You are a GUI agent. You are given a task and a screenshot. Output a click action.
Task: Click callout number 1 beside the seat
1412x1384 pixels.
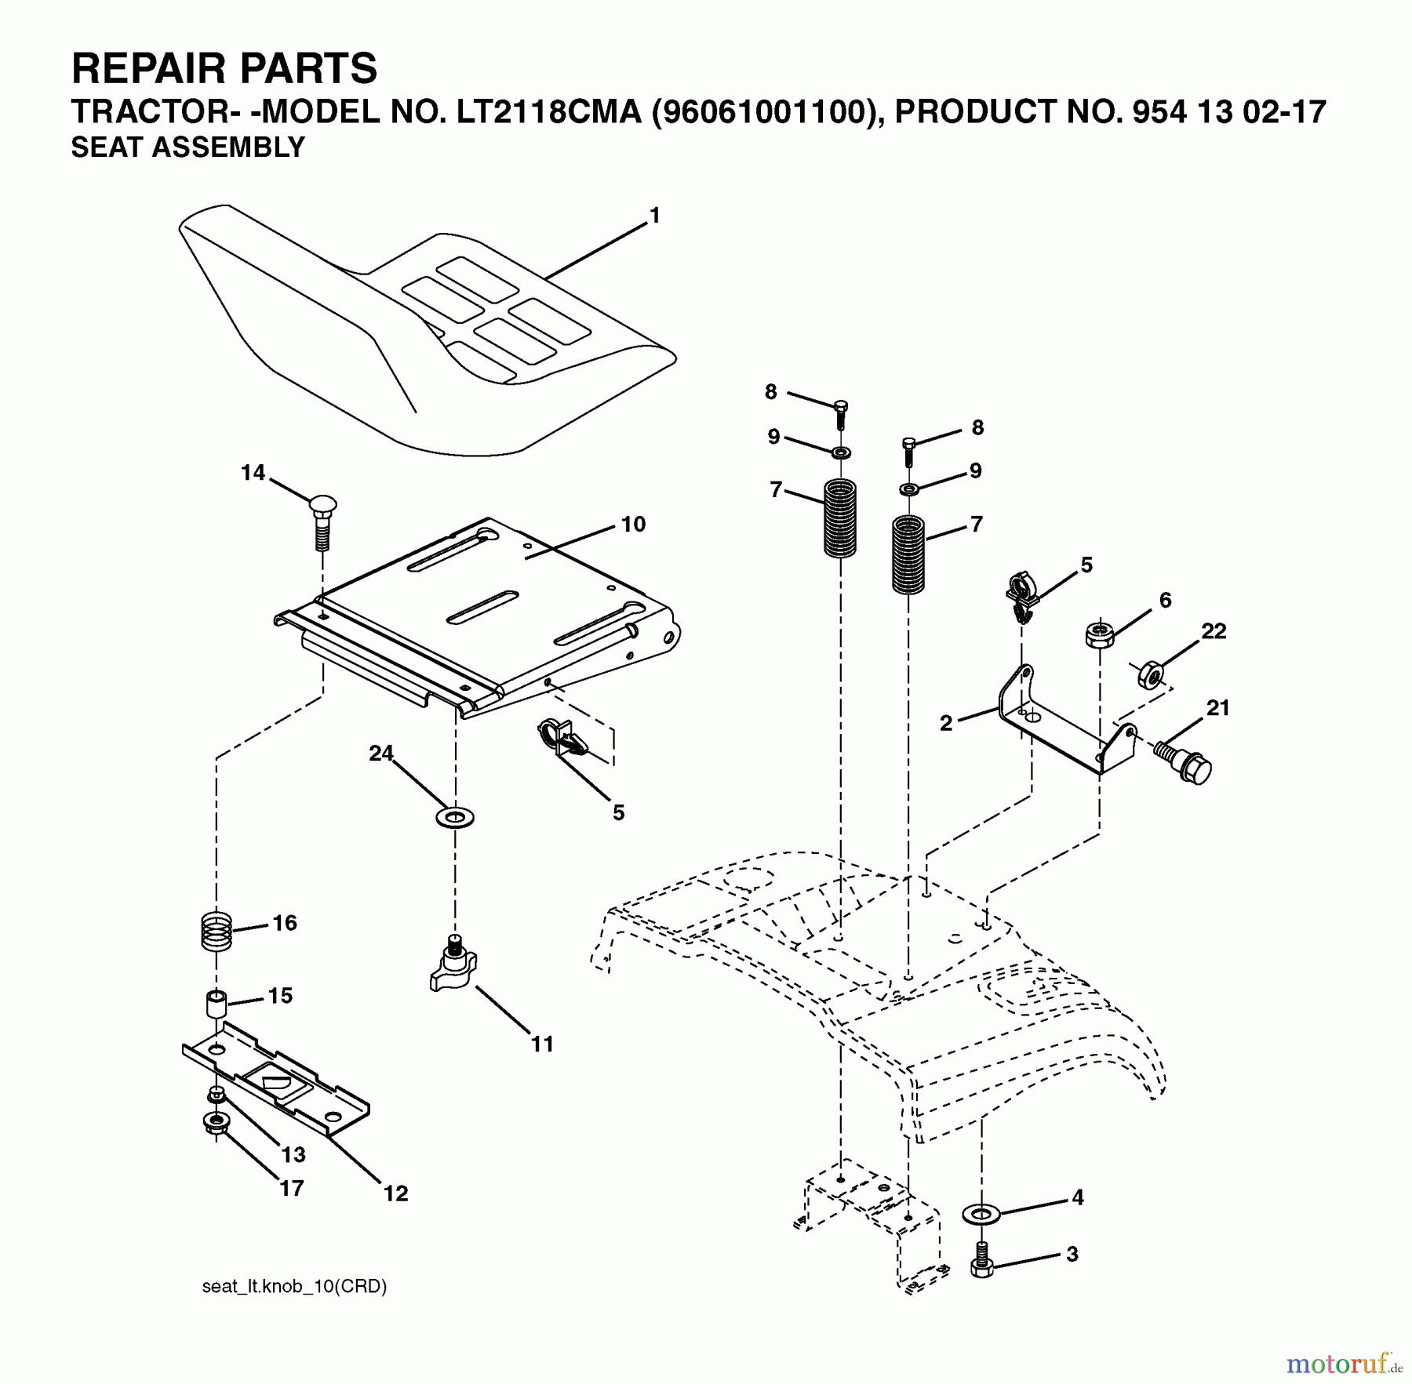[x=655, y=216]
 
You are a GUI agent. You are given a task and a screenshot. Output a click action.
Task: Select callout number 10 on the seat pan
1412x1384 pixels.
[x=633, y=524]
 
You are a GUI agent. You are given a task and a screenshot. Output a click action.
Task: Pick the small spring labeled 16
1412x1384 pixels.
[x=214, y=929]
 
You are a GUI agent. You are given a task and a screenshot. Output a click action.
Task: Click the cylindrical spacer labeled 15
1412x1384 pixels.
[x=216, y=1004]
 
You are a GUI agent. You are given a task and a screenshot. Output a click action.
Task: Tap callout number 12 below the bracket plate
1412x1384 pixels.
[x=396, y=1193]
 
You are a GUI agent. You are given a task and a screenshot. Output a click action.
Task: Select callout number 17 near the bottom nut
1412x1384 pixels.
[x=291, y=1188]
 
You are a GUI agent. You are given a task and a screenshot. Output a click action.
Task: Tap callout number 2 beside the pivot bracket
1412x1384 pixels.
[x=946, y=723]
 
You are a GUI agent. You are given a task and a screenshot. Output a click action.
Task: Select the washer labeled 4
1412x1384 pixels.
[x=981, y=1215]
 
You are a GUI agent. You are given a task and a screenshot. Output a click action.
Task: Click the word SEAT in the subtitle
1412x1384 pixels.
[x=107, y=147]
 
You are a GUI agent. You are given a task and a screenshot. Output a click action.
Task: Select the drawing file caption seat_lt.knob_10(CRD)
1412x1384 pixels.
[x=294, y=1287]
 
